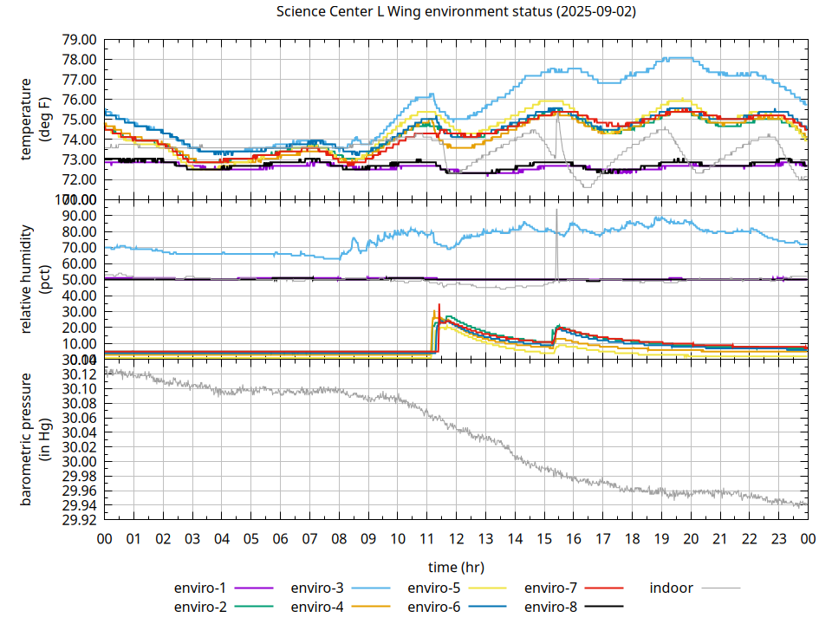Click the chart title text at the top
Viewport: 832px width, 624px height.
tap(456, 11)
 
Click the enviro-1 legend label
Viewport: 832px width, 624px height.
tap(200, 588)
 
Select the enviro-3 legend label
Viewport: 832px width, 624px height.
tap(317, 588)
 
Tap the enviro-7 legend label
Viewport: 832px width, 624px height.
tap(551, 588)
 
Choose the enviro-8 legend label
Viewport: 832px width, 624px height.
tap(551, 607)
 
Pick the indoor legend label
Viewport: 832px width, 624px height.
tap(672, 588)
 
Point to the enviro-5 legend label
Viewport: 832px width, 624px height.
tap(434, 588)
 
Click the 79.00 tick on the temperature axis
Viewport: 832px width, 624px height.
tap(79, 40)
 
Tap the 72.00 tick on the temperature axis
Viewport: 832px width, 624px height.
tap(79, 179)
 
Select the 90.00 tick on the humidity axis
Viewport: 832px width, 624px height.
tap(79, 215)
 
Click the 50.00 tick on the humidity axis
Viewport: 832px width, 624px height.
tap(79, 280)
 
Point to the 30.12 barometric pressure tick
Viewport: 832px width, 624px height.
tap(79, 374)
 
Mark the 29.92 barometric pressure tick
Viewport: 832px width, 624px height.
tap(79, 520)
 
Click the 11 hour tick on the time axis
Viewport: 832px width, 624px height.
tap(427, 538)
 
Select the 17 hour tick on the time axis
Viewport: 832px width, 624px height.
tap(603, 538)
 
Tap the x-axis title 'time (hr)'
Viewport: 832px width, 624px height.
tap(456, 567)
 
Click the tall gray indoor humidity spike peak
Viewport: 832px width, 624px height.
tap(556, 210)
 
